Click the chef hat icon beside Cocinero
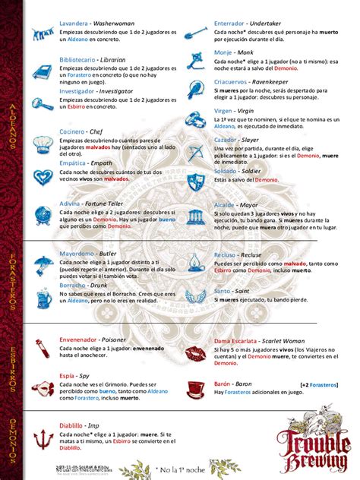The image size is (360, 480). tap(40, 139)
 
